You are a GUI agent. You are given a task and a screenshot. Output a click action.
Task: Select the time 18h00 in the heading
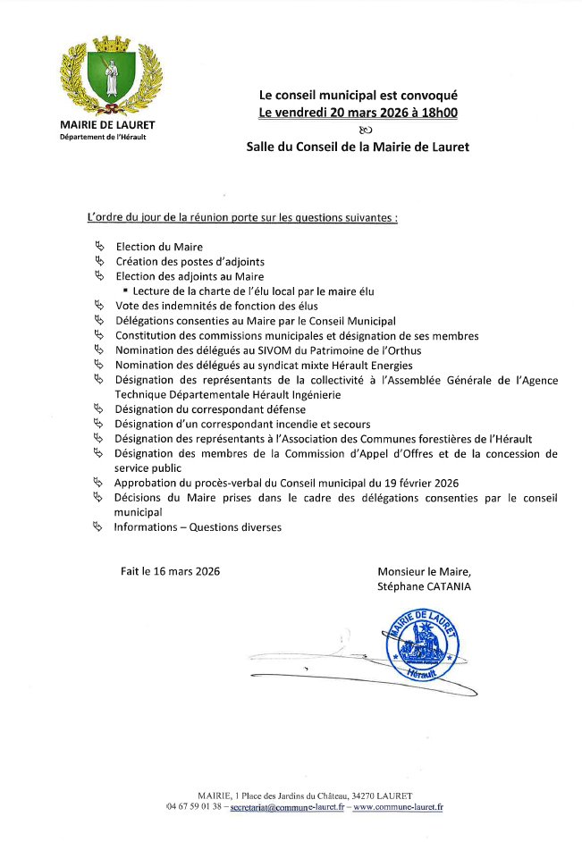[440, 113]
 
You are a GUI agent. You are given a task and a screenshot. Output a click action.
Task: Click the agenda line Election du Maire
[159, 247]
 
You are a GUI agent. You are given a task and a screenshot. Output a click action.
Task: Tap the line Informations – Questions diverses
[197, 527]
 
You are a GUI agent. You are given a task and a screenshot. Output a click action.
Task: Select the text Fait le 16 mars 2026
[170, 571]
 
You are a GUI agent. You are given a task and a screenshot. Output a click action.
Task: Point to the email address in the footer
[287, 806]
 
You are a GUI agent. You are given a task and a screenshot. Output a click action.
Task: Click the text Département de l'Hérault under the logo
[103, 137]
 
